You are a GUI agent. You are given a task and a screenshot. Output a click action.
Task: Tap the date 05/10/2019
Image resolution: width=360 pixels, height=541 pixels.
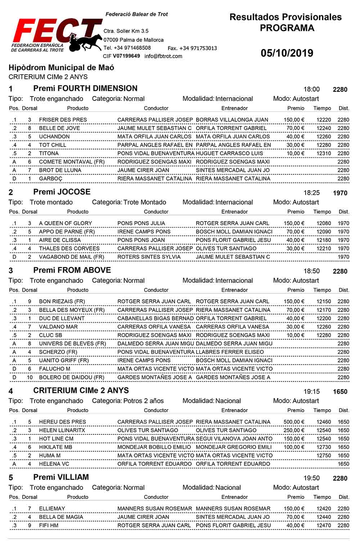coord(287,53)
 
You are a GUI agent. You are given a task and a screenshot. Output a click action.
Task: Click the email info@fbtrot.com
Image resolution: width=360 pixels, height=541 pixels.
coord(163,56)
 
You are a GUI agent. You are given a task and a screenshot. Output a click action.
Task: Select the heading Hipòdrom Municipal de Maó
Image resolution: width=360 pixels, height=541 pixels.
coord(61,68)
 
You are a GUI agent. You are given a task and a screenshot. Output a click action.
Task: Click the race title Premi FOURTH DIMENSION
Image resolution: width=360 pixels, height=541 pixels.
coord(85,89)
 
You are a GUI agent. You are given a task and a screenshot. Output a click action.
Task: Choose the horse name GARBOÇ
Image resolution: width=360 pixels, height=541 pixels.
coord(51,179)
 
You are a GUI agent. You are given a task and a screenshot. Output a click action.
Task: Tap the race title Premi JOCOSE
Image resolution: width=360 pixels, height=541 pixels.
coord(62,192)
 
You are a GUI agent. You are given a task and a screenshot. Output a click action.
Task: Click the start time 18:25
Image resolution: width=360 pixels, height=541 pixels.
coord(311,193)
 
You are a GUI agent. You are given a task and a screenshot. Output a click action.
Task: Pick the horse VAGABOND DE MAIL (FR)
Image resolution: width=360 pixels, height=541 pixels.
coord(72,257)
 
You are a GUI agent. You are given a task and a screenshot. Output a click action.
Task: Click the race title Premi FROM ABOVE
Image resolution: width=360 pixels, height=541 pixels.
coord(72,270)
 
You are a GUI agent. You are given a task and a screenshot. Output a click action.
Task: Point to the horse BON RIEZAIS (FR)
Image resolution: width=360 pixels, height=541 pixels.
coord(62,301)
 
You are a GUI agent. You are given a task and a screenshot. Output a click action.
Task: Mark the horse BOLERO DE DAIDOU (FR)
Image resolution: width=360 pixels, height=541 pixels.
coord(72,377)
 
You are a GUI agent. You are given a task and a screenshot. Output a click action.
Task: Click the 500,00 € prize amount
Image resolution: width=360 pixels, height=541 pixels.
coord(294,422)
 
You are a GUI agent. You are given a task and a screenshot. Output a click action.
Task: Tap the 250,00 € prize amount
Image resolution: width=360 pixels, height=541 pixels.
coord(294,430)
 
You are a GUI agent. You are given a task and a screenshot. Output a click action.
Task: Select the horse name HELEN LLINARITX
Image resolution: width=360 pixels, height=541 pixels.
coord(62,430)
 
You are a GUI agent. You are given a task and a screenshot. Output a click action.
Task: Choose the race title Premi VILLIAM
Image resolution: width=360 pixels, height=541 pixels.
coord(61,478)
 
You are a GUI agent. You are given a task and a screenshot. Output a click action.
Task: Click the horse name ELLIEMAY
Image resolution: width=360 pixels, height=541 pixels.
coord(52,509)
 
